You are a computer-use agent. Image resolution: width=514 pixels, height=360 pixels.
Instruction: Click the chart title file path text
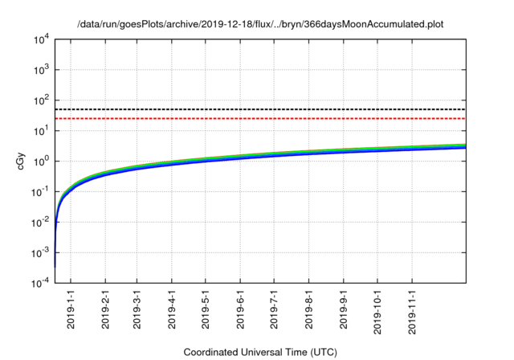(x=260, y=24)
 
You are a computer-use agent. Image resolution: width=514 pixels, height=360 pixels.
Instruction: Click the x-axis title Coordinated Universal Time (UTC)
(x=260, y=353)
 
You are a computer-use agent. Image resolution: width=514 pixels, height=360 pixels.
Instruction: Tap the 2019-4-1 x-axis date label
(x=172, y=309)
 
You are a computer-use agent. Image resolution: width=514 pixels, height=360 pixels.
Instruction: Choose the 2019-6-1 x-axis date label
(x=240, y=309)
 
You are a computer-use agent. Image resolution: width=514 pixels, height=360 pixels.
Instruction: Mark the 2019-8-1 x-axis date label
(x=309, y=309)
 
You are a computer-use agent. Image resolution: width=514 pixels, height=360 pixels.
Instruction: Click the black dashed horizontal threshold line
(x=265, y=109)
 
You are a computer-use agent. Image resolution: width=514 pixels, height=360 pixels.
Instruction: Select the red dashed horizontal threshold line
(x=265, y=119)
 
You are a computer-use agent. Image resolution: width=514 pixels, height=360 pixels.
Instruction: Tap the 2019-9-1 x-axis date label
(x=344, y=309)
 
